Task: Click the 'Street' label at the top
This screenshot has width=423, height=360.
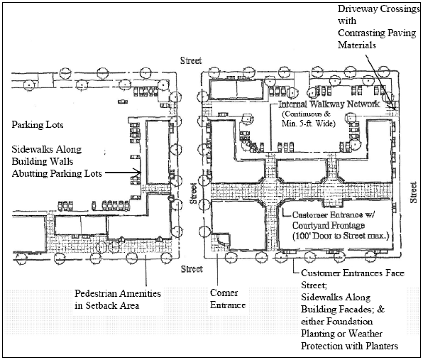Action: point(191,60)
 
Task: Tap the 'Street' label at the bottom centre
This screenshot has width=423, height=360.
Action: point(192,269)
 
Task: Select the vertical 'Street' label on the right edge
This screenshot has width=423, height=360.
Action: point(413,192)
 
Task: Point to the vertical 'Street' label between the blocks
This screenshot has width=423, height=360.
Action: point(194,193)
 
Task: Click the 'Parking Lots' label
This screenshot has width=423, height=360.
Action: point(38,125)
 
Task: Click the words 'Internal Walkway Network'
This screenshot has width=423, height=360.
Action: point(329,104)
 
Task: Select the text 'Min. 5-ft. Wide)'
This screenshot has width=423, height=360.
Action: point(308,124)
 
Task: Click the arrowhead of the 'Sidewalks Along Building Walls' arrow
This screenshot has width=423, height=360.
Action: point(138,172)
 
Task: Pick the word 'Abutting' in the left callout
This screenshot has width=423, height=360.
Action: point(30,173)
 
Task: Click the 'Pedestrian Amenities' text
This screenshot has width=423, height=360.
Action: point(118,293)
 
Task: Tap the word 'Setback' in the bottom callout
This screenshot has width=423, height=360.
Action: point(103,305)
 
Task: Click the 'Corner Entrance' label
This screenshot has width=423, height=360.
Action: point(227,299)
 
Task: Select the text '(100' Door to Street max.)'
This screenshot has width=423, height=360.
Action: point(341,236)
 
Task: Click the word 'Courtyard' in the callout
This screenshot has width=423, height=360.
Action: point(311,225)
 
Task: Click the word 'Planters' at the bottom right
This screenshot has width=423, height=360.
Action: point(382,346)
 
